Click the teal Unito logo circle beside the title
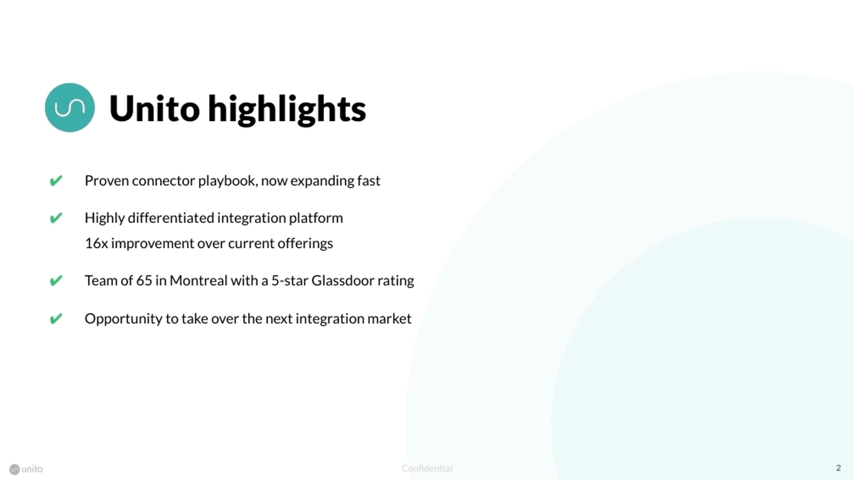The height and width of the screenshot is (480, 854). pyautogui.click(x=70, y=108)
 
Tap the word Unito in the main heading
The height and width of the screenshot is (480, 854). pyautogui.click(x=154, y=109)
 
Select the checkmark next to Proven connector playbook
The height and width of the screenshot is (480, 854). pyautogui.click(x=56, y=181)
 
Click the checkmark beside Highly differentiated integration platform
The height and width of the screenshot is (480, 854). pyautogui.click(x=56, y=218)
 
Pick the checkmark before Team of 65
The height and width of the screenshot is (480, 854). pyautogui.click(x=56, y=281)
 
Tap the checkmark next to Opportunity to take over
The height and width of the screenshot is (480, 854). pyautogui.click(x=56, y=319)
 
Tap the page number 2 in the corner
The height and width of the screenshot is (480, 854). pyautogui.click(x=838, y=468)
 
